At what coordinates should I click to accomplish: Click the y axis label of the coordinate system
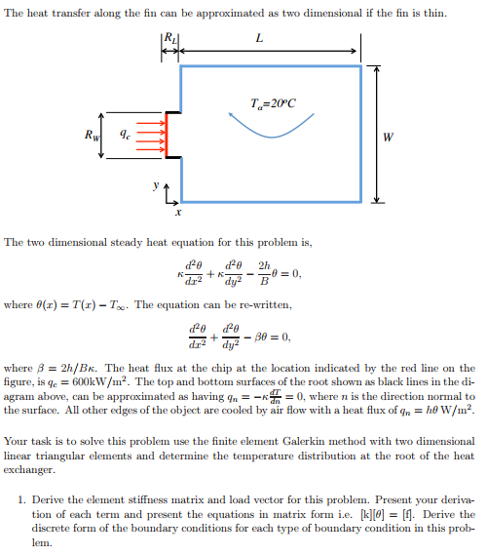(x=154, y=182)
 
